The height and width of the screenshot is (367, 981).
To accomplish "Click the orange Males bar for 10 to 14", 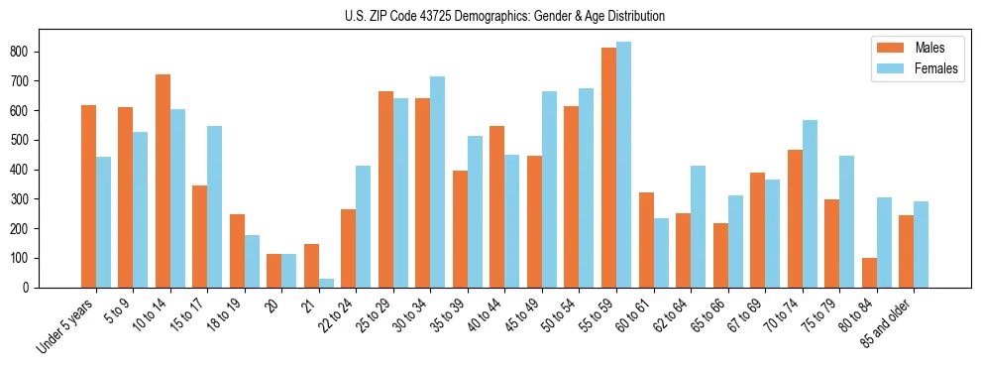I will [163, 182].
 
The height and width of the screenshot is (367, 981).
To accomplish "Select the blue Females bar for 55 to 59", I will [623, 165].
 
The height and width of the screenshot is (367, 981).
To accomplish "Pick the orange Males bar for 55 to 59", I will [608, 168].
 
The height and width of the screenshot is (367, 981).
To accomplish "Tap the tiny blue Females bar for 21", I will [326, 284].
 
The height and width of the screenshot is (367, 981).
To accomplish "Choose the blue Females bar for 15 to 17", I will [215, 207].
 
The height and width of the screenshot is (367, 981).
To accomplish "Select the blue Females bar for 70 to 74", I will [810, 204].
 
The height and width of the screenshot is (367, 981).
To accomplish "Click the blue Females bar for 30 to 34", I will [438, 183].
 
